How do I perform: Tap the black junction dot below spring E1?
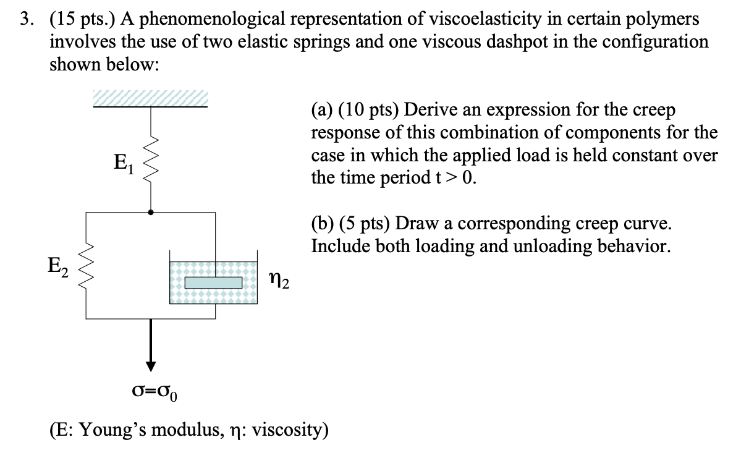click(150, 212)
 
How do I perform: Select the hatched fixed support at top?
click(150, 98)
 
